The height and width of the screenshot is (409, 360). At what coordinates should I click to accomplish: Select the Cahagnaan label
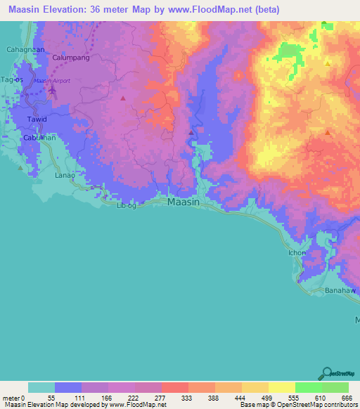[25, 49]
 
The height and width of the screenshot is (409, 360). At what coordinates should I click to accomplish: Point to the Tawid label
[37, 119]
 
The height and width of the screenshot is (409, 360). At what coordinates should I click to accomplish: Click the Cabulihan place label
[39, 138]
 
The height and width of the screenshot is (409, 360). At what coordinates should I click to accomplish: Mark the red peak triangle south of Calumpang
[124, 98]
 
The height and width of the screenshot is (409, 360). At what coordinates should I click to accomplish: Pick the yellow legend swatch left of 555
[281, 387]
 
